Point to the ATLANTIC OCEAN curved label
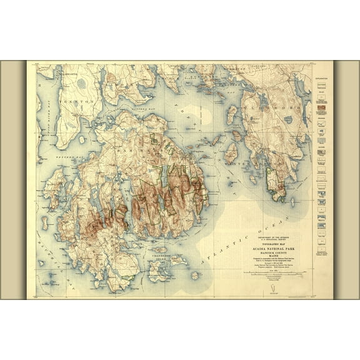pos(250,237)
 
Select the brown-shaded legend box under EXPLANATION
pos(322,107)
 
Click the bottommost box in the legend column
pos(322,253)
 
